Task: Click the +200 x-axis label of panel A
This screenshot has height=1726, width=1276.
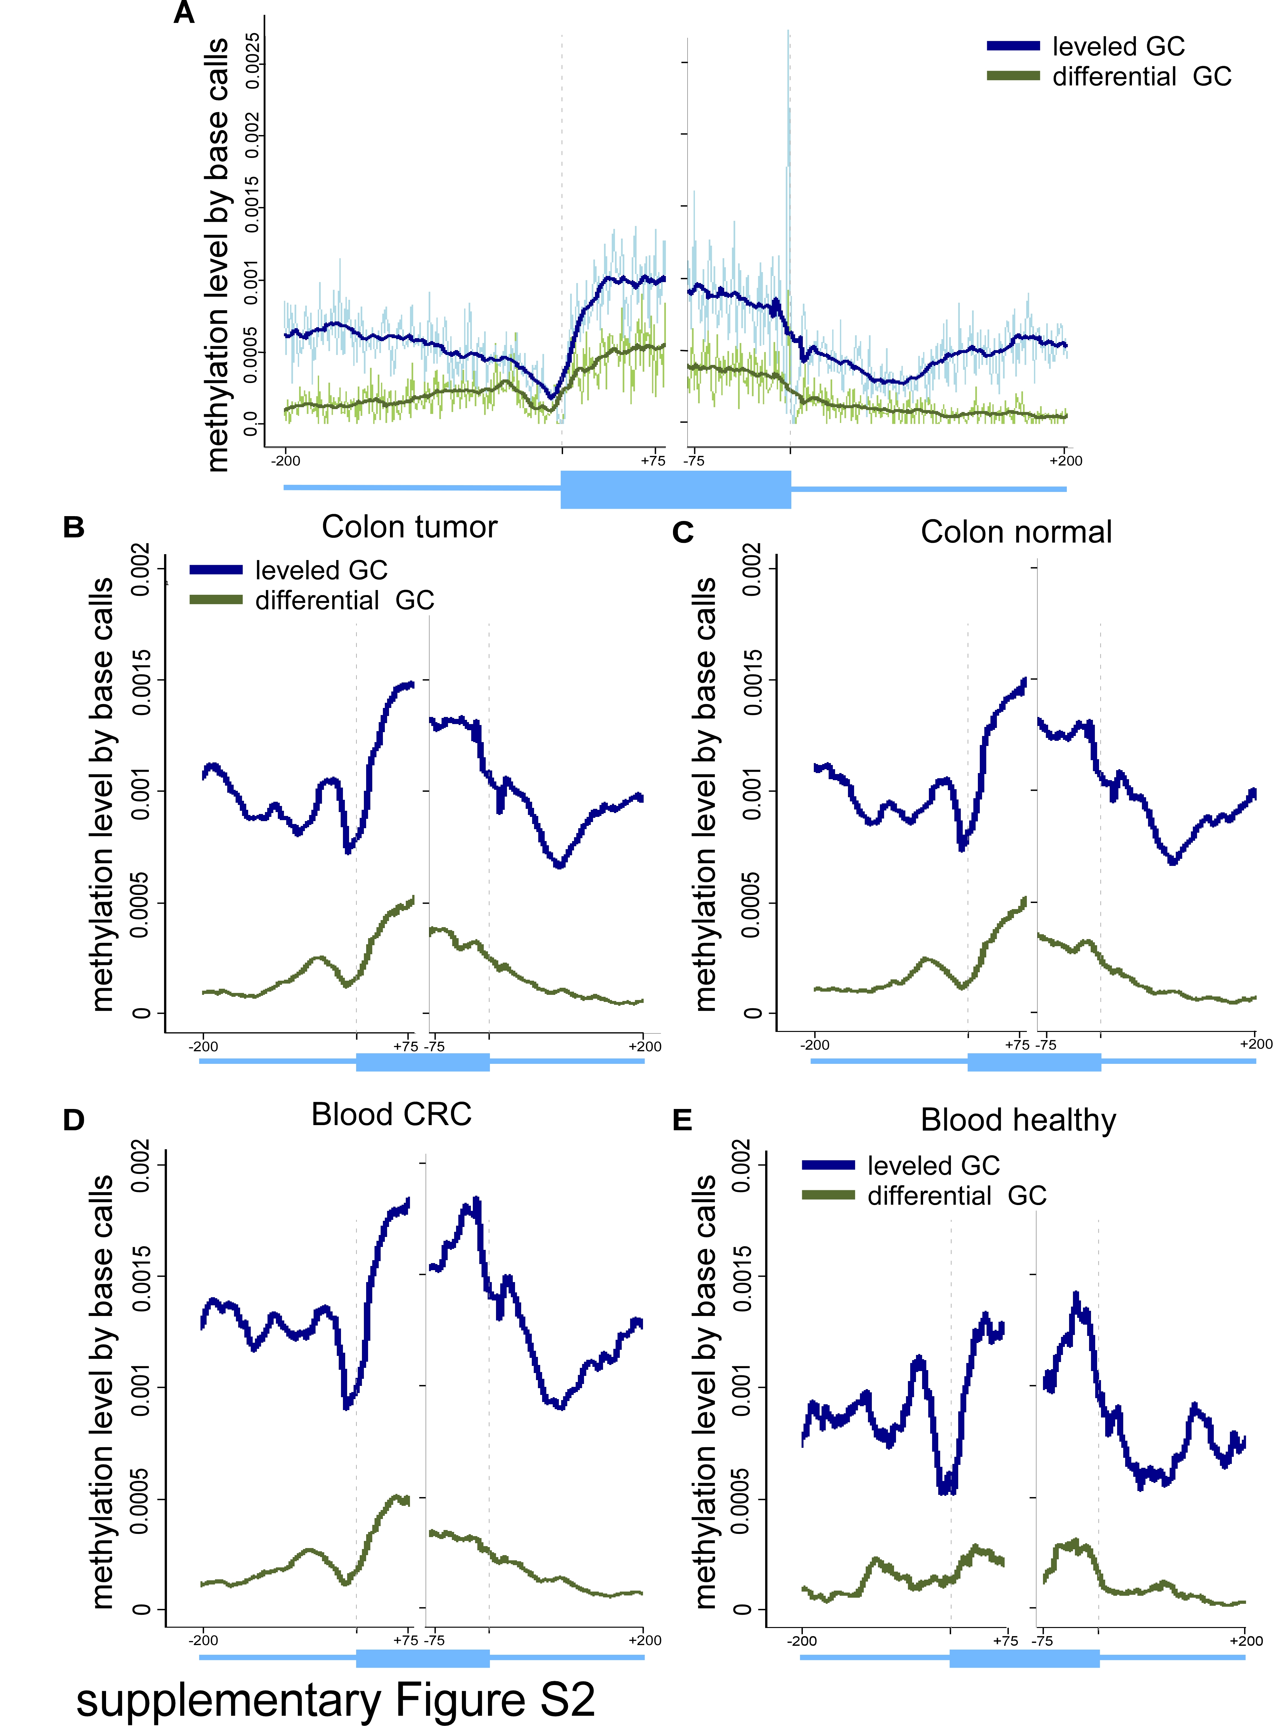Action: pos(1065,461)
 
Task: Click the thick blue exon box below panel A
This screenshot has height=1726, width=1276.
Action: pos(676,489)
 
